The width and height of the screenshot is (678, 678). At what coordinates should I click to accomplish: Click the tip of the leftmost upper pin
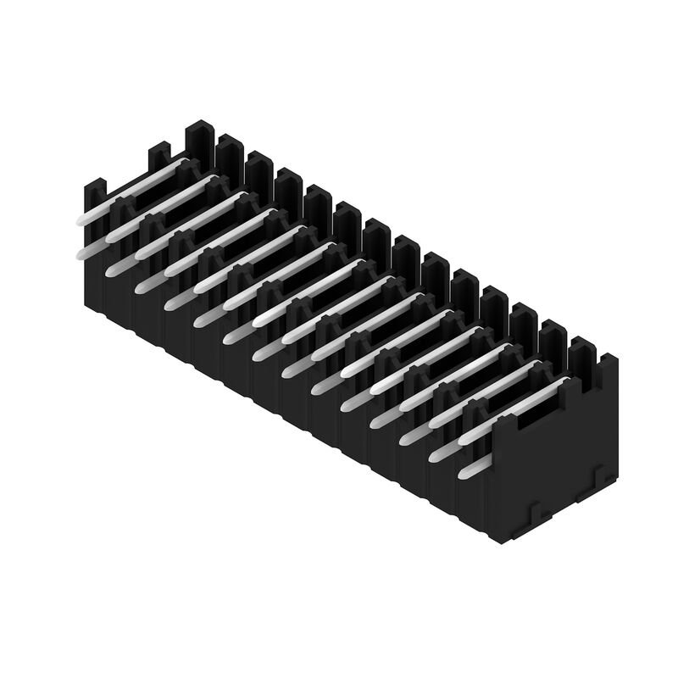pyautogui.click(x=82, y=218)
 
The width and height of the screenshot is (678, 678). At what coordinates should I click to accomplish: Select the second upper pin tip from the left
pyautogui.click(x=112, y=235)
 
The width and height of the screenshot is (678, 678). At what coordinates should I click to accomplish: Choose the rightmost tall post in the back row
pyautogui.click(x=583, y=349)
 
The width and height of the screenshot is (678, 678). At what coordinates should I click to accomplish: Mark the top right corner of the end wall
pyautogui.click(x=616, y=359)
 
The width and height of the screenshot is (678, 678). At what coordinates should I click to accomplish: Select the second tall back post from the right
pyautogui.click(x=553, y=332)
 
